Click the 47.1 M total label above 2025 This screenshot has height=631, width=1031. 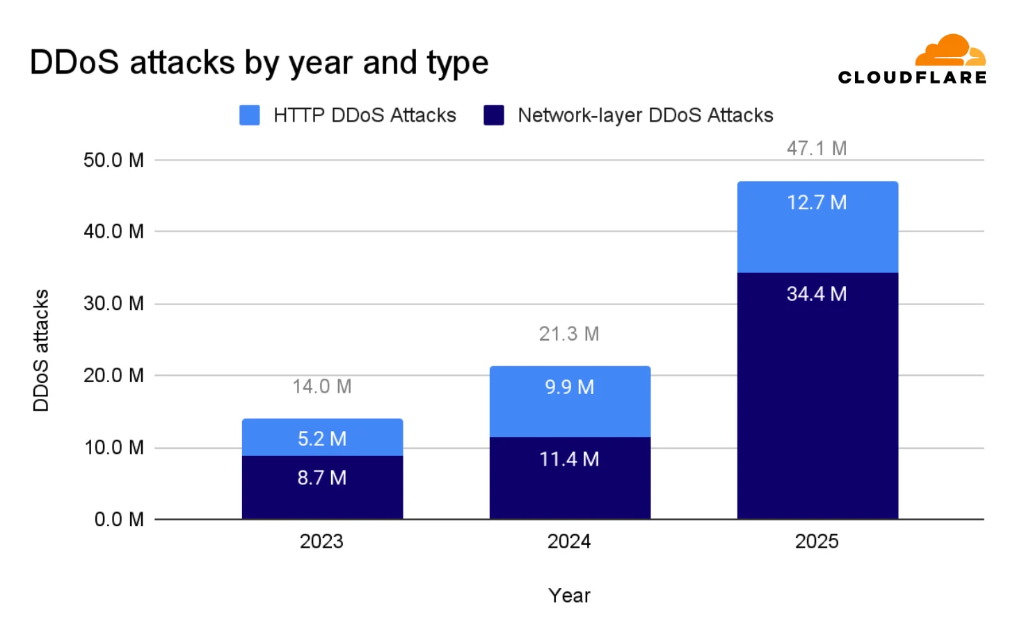[816, 148]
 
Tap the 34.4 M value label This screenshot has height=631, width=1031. [816, 294]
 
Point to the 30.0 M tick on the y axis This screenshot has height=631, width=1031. [113, 303]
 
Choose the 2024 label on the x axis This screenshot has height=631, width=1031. [568, 541]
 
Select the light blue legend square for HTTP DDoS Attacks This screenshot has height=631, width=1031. [250, 115]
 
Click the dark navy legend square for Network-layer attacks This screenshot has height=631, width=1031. [494, 115]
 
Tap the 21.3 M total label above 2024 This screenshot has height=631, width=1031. [568, 334]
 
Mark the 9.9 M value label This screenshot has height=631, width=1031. [569, 387]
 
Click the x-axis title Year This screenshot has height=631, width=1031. [568, 596]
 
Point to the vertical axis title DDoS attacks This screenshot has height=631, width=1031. [41, 350]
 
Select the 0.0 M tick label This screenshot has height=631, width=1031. [119, 519]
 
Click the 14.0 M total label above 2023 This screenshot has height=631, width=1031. [321, 386]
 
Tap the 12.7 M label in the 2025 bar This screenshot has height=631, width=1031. [816, 203]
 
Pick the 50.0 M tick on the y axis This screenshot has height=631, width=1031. [113, 161]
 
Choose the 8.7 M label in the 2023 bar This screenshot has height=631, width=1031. [321, 477]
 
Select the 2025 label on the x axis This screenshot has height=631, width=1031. [816, 541]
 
